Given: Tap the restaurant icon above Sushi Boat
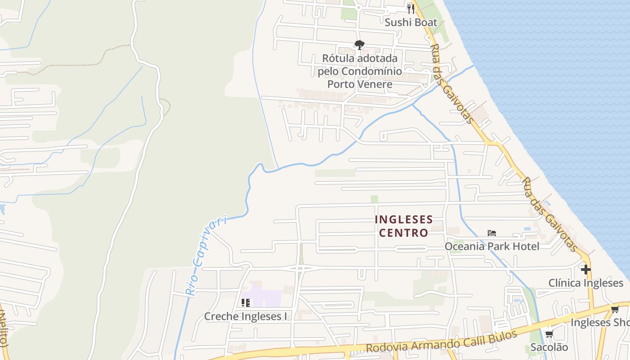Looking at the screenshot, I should (x=410, y=8).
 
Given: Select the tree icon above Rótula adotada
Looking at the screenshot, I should (x=359, y=45).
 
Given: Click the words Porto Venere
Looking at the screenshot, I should (x=360, y=84).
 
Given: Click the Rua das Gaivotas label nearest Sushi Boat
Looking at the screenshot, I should (x=451, y=84).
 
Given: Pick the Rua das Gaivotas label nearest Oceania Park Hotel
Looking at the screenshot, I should (x=549, y=215).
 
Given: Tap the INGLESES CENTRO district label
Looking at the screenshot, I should (x=404, y=226).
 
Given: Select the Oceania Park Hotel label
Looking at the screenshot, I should (x=492, y=246).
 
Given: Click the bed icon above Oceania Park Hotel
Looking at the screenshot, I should (x=492, y=233).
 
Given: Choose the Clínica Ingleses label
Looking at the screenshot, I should (x=585, y=283).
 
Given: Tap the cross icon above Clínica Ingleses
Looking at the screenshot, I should (x=585, y=270).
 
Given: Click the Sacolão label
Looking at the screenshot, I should (x=549, y=347).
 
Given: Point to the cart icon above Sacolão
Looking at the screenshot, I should (x=549, y=334).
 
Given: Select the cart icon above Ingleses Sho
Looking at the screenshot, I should (x=615, y=310).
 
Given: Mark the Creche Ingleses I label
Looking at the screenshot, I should (x=245, y=316).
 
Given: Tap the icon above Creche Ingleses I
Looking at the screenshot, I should (x=245, y=302).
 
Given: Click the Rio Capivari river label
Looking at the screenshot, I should (x=207, y=256).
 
